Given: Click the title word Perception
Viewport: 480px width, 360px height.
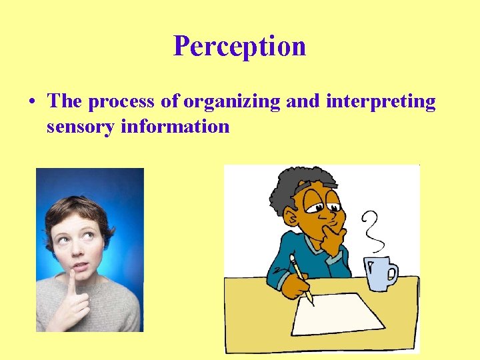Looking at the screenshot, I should click(239, 46).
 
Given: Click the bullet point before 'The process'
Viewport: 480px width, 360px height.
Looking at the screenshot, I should click(32, 103).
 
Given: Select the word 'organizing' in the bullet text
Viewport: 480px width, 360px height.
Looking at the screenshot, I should click(232, 102).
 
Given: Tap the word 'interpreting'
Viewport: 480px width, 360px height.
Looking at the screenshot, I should click(381, 102).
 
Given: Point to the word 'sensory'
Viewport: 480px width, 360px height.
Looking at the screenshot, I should click(81, 126).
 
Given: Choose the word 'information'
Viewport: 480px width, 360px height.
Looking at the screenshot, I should click(175, 126).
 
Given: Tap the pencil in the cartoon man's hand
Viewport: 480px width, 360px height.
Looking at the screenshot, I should click(301, 280).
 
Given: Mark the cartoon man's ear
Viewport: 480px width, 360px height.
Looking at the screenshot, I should click(289, 217).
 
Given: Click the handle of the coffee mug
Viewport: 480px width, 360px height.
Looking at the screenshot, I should click(392, 272).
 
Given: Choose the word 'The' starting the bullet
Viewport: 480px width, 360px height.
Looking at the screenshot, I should click(65, 102).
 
